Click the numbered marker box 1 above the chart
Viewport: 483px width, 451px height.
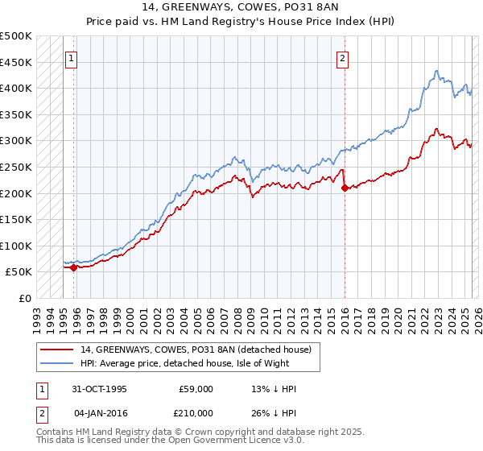pos(72,57)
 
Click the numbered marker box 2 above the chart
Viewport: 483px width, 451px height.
pos(343,57)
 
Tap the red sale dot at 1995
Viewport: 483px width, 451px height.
pos(73,268)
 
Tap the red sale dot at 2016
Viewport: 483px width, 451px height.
pos(345,188)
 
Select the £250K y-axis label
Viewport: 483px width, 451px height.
pos(16,167)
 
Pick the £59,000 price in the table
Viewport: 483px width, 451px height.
pos(196,389)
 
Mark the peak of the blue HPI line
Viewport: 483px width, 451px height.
pos(436,70)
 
